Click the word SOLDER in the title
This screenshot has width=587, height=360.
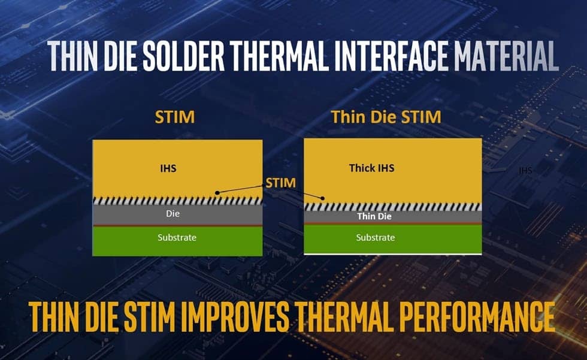tap(184, 56)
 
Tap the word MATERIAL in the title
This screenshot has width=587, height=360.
tap(507, 56)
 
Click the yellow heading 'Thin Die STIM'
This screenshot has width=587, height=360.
tap(386, 117)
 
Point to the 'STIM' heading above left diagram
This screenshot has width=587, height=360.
tap(175, 117)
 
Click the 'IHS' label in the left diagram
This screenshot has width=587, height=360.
tap(168, 168)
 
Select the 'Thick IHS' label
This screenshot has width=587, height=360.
tap(372, 168)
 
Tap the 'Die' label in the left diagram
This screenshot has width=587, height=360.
tap(173, 214)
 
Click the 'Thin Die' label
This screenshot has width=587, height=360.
tap(374, 216)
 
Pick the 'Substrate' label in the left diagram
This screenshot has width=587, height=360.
tap(177, 238)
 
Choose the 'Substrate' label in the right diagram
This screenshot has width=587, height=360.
tap(376, 238)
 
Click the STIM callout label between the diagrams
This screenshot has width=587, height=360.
tap(281, 183)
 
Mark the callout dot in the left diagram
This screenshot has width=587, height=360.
tap(217, 193)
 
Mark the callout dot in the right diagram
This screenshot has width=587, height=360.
tap(323, 198)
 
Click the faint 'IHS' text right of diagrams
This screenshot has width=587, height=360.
tap(526, 171)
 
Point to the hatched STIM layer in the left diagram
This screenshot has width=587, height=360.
tap(177, 201)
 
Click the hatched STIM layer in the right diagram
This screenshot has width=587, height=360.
tap(393, 207)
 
